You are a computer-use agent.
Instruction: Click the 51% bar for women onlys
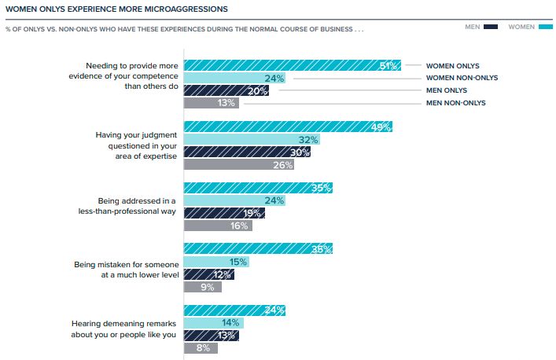[x=292, y=66]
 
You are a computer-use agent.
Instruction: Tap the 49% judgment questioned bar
[x=287, y=127]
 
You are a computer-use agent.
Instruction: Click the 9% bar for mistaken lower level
[x=202, y=287]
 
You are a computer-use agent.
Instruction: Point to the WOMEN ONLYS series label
[x=452, y=66]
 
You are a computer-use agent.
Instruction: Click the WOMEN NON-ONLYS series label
[x=462, y=78]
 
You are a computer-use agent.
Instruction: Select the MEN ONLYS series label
[x=447, y=90]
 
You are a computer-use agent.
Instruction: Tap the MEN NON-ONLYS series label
[x=456, y=103]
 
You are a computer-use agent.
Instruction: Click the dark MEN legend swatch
[x=492, y=27]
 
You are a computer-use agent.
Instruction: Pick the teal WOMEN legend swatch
[x=543, y=27]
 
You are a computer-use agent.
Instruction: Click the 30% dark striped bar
[x=247, y=152]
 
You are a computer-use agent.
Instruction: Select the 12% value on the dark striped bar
[x=223, y=274]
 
